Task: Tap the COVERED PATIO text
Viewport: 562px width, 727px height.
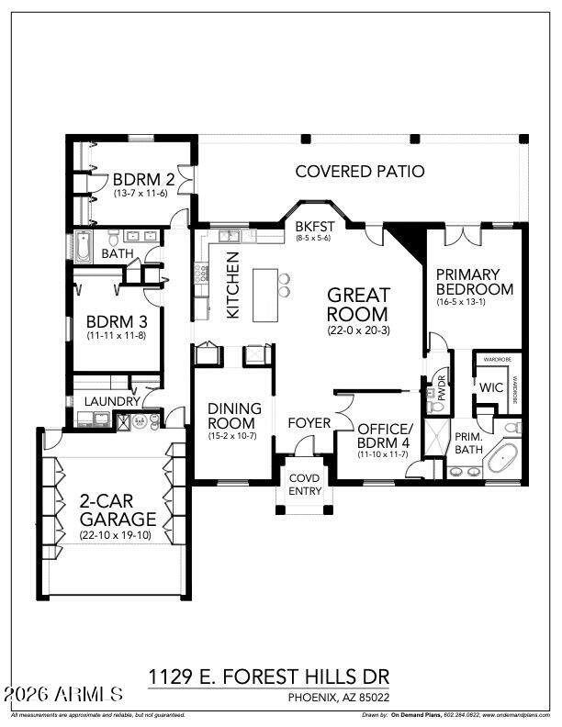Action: pyautogui.click(x=360, y=171)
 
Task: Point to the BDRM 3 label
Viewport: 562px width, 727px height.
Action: pyautogui.click(x=111, y=323)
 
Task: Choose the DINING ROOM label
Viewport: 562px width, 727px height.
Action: pyautogui.click(x=234, y=415)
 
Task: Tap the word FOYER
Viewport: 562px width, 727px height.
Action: pyautogui.click(x=309, y=423)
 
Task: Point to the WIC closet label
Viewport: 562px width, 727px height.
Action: pyautogui.click(x=491, y=387)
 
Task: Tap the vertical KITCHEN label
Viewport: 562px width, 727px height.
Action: pyautogui.click(x=234, y=291)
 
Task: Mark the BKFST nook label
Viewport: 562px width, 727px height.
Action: pyautogui.click(x=312, y=227)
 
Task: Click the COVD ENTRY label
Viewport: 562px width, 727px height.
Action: pyautogui.click(x=305, y=485)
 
